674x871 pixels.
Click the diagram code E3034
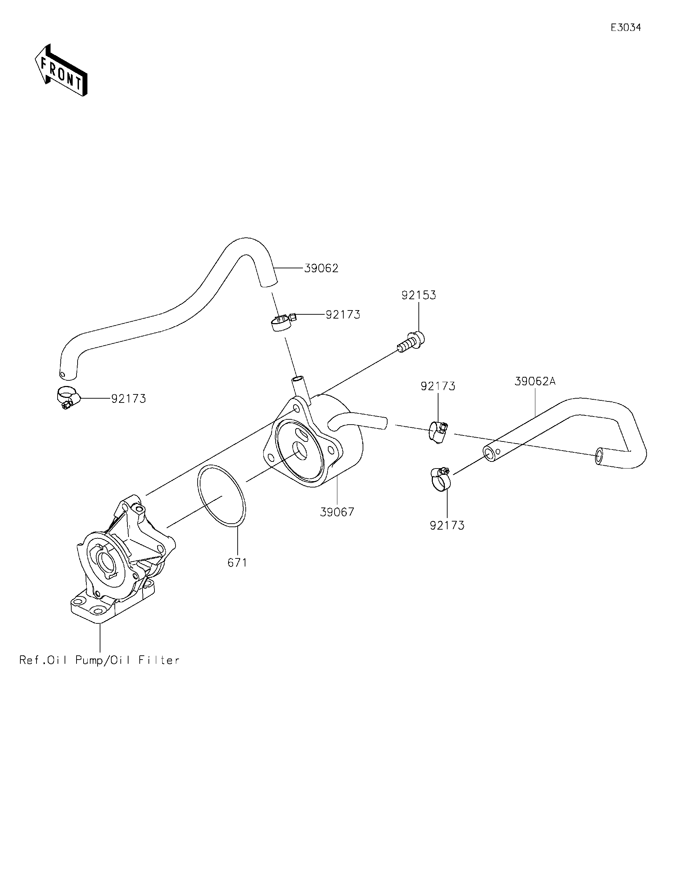[x=626, y=27]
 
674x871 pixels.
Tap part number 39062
[x=321, y=268]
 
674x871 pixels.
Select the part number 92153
[x=418, y=295]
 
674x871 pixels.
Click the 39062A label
[x=535, y=381]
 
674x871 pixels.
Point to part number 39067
[x=337, y=512]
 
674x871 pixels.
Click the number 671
[x=237, y=563]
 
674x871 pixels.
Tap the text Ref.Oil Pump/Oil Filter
[x=100, y=660]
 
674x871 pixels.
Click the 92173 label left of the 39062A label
[x=438, y=386]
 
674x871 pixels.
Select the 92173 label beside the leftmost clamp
[x=128, y=398]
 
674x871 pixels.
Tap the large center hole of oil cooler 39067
[x=299, y=450]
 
